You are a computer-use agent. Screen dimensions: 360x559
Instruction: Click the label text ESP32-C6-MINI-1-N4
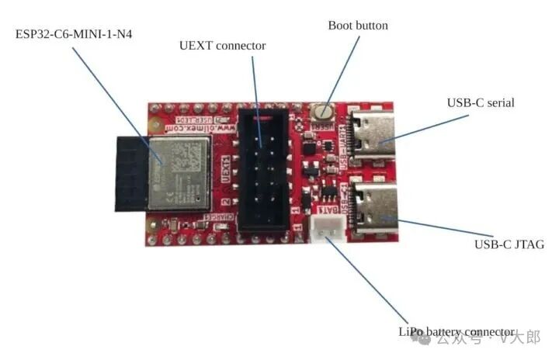pos(75,34)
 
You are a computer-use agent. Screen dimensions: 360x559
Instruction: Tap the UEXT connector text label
pos(222,46)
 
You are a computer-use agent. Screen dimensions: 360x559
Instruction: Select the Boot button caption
pos(358,26)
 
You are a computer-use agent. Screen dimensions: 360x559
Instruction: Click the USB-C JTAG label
pos(509,244)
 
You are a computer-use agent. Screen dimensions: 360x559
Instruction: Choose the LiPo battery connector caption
pos(457,331)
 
